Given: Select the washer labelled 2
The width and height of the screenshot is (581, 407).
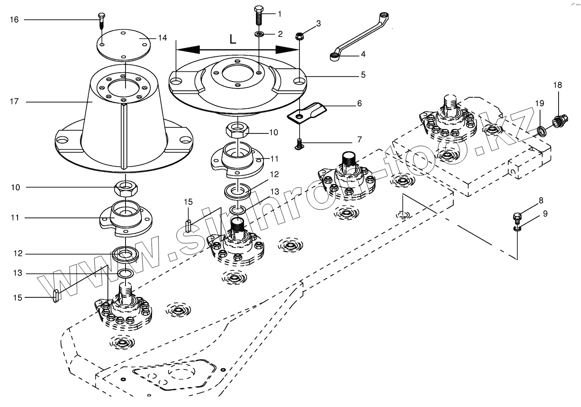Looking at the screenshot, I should [x=259, y=33].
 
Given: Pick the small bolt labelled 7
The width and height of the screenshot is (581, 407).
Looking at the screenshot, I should [x=300, y=143].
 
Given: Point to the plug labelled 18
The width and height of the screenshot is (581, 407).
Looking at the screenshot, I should [x=560, y=119].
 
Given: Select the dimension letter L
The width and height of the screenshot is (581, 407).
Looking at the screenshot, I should [x=233, y=39].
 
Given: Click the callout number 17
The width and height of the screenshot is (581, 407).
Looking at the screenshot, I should [x=14, y=102].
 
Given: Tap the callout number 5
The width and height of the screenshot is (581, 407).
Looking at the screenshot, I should [x=363, y=75].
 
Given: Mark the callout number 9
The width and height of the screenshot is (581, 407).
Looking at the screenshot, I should [x=545, y=214].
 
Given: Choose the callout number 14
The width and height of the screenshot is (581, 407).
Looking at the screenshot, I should [x=163, y=38].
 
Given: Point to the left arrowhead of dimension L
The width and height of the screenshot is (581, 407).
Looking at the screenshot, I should [x=182, y=49].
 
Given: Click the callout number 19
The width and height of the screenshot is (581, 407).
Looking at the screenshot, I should [x=540, y=103].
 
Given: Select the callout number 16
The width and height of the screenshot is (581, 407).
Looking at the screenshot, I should [x=14, y=19].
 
